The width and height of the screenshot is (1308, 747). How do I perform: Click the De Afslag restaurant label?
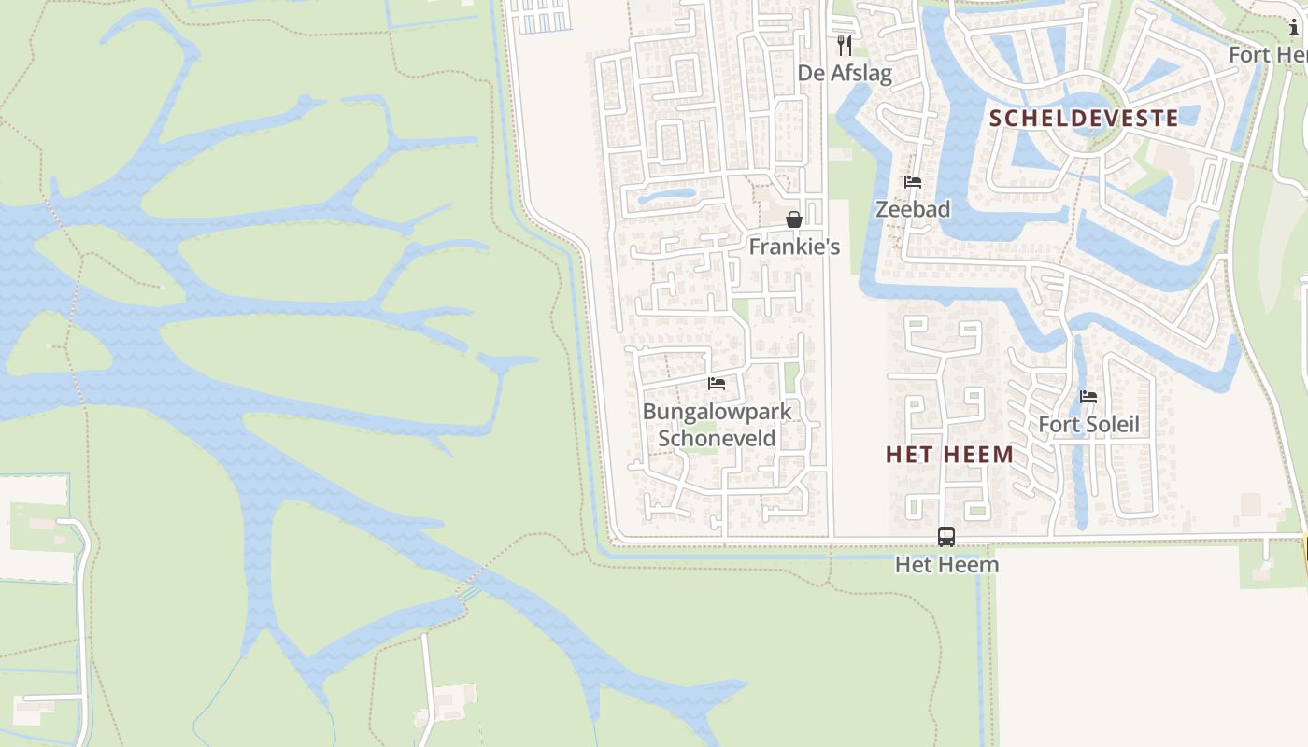pos(845,73)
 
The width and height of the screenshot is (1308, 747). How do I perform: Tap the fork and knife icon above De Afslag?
pos(845,46)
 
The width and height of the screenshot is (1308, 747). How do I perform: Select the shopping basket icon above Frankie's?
pos(794,219)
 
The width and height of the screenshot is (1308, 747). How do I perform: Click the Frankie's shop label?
pos(794,247)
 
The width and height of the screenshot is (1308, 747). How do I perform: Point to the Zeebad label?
pos(913,209)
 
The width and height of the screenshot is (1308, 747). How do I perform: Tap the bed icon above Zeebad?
pos(913,182)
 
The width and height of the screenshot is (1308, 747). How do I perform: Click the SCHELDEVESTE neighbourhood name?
pos(1083,118)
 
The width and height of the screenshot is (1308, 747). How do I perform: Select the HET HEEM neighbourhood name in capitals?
pos(949,455)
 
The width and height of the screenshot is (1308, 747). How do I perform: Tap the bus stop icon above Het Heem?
pos(946,537)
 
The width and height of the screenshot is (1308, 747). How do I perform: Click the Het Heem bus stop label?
pos(946,564)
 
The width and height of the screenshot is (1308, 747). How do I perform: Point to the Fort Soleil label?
pos(1088,425)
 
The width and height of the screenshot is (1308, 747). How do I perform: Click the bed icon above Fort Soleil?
pos(1088,397)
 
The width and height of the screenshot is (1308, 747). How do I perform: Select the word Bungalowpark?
pos(717,411)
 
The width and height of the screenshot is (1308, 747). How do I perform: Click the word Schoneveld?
pos(717,438)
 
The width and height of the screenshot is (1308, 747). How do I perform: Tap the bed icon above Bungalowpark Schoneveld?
pos(717,384)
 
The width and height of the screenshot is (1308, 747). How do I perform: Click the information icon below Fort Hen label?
pos(1294,28)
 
